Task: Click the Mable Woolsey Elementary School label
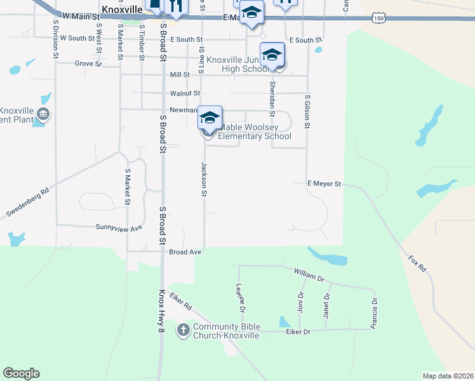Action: coord(254,131)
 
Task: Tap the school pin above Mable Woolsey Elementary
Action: coord(210,117)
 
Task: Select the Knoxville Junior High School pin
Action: coord(272,55)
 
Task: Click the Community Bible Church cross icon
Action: coord(184,330)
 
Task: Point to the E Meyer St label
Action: coord(324,184)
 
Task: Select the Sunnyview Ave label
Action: coord(119,227)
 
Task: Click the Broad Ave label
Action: coord(185,252)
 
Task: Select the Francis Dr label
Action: coord(374,314)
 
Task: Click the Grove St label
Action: coord(88,63)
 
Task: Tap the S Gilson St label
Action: coord(307,112)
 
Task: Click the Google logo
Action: coord(21,373)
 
